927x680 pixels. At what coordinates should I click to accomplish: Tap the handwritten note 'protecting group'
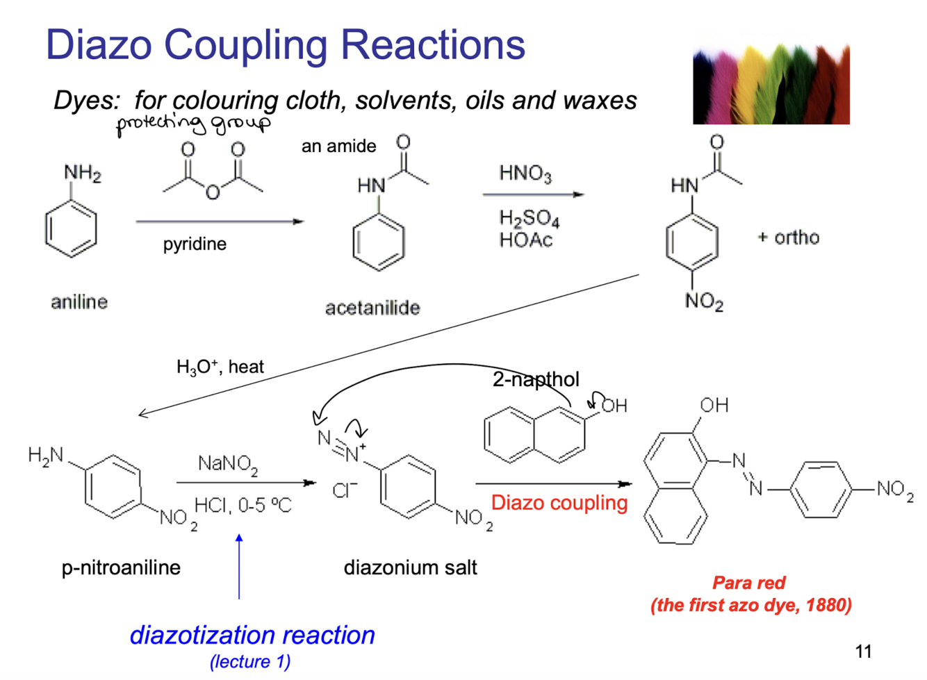pos(194,124)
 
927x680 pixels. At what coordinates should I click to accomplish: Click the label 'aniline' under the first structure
pos(79,302)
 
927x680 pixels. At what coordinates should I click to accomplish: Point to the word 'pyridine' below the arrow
pos(195,244)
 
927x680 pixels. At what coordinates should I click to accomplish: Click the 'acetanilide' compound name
pos(372,308)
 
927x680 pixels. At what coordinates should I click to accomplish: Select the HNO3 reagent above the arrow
pos(525,174)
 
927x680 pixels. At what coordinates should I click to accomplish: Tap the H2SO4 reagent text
pos(530,218)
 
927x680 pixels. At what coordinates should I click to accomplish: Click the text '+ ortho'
pos(788,238)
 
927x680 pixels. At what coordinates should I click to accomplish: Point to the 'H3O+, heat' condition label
pos(220,367)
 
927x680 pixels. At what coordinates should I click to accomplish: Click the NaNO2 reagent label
pos(228,465)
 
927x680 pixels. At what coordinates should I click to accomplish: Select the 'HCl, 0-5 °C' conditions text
pos(243,505)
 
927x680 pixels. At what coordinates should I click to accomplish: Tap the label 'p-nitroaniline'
pos(121,568)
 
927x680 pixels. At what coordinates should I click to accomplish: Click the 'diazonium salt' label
pos(410,567)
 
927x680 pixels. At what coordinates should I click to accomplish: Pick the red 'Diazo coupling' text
pos(559,504)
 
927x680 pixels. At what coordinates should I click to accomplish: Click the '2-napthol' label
pos(536,380)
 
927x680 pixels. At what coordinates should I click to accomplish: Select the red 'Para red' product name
pos(748,583)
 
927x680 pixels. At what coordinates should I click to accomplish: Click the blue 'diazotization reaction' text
pos(252,636)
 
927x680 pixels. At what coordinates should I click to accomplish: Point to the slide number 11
pos(863,652)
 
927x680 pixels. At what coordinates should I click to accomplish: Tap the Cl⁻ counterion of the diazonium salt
pos(344,490)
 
